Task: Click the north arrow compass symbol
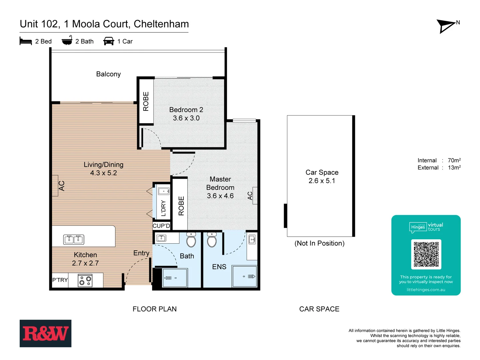(x=447, y=26)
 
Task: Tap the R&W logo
(x=45, y=333)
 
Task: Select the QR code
(x=426, y=254)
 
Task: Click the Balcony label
(x=108, y=74)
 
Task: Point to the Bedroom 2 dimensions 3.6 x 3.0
(x=186, y=118)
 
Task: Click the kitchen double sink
(x=74, y=239)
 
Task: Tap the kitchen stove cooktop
(x=85, y=280)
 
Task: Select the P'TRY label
(x=60, y=280)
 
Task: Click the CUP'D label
(x=161, y=226)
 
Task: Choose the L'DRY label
(x=163, y=208)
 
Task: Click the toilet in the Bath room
(x=191, y=240)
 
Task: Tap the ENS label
(x=219, y=267)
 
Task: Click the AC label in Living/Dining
(x=62, y=186)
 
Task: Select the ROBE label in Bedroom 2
(x=146, y=101)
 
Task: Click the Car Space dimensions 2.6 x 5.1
(x=322, y=181)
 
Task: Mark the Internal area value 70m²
(x=454, y=160)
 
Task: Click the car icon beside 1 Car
(x=109, y=41)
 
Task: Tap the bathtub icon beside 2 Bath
(x=67, y=40)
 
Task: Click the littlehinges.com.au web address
(x=426, y=290)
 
